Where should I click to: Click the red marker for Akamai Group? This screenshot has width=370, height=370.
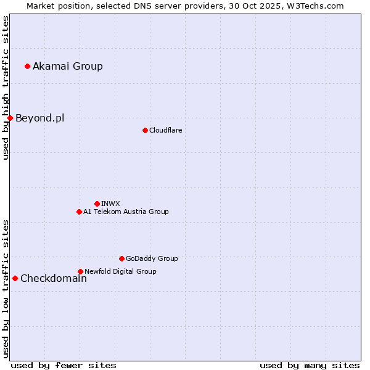(x=27, y=66)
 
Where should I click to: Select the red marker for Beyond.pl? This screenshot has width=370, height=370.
(x=10, y=118)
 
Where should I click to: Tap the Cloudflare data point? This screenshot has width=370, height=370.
(x=145, y=130)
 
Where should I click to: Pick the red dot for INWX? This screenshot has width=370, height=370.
(x=97, y=203)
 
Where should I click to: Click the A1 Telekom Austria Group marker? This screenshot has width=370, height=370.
(x=79, y=212)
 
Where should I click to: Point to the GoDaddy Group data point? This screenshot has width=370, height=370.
(x=121, y=258)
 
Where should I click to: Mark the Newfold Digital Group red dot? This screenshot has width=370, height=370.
(x=80, y=271)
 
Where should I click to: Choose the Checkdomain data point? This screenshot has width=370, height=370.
(x=15, y=278)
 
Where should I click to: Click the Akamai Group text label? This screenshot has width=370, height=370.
(x=68, y=66)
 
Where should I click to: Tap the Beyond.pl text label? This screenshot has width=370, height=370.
(x=39, y=118)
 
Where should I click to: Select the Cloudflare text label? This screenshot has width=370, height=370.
(x=165, y=130)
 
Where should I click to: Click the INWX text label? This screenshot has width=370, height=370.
(x=110, y=203)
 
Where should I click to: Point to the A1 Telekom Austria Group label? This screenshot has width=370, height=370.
(x=126, y=212)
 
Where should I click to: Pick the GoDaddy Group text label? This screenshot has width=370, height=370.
(x=152, y=258)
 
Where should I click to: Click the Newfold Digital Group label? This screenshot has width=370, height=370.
(x=120, y=271)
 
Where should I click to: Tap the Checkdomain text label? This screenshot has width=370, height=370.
(x=54, y=278)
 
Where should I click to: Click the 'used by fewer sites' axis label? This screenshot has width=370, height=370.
(x=64, y=365)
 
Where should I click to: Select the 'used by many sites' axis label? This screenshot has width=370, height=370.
(x=310, y=365)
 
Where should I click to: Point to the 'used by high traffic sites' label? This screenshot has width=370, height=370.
(x=6, y=88)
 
